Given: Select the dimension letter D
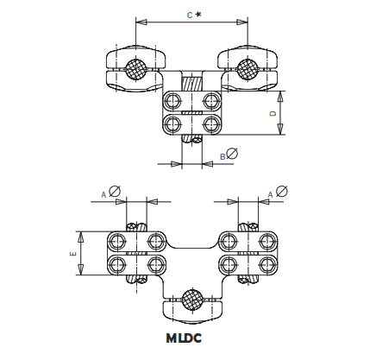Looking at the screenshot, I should pos(273,113).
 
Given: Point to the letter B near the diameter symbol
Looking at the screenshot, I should pos(222,156).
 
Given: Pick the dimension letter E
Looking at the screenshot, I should pos(72,254).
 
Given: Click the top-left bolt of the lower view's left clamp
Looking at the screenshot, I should pos(117,239).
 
